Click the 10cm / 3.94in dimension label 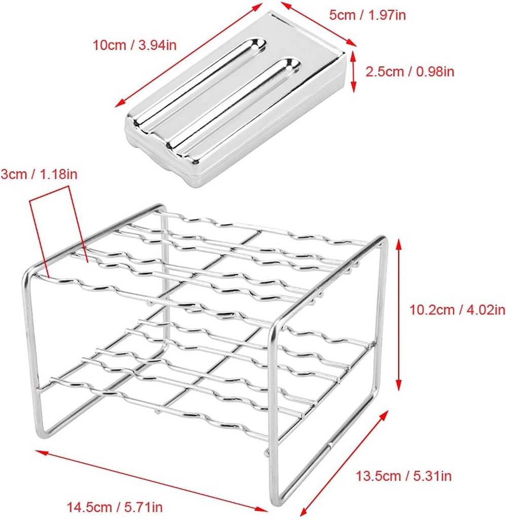coord(134,45)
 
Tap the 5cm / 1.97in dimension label coord(367,15)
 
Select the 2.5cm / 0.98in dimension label coord(410,71)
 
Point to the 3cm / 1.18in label coord(39,175)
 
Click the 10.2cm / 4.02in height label coord(457,309)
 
